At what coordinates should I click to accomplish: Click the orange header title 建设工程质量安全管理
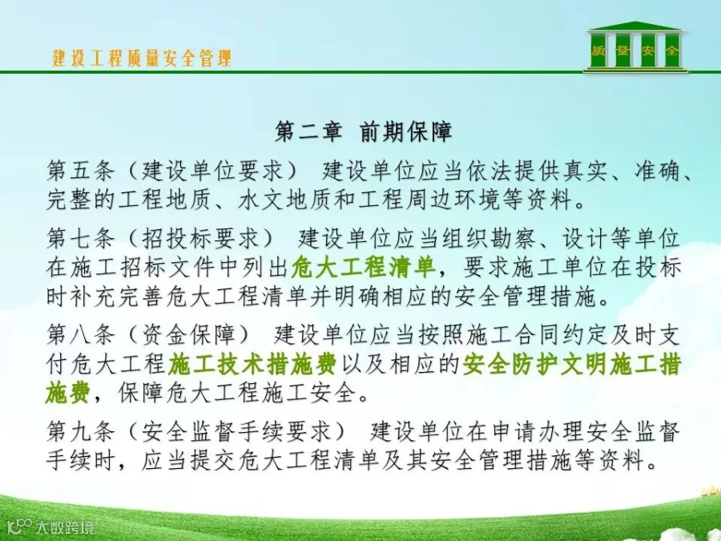coord(142,59)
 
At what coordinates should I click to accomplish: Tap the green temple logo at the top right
coord(635,46)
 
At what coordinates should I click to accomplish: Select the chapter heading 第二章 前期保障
coord(364,131)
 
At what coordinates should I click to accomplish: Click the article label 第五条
coord(80,172)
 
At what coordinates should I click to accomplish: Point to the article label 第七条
coord(80,238)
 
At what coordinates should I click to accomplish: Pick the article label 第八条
coord(80,334)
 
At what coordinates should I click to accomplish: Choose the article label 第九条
coord(80,431)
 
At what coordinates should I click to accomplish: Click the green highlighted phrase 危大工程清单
coord(363,267)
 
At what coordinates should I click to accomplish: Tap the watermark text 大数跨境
coord(66,527)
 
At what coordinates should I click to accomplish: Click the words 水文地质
coord(285,200)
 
